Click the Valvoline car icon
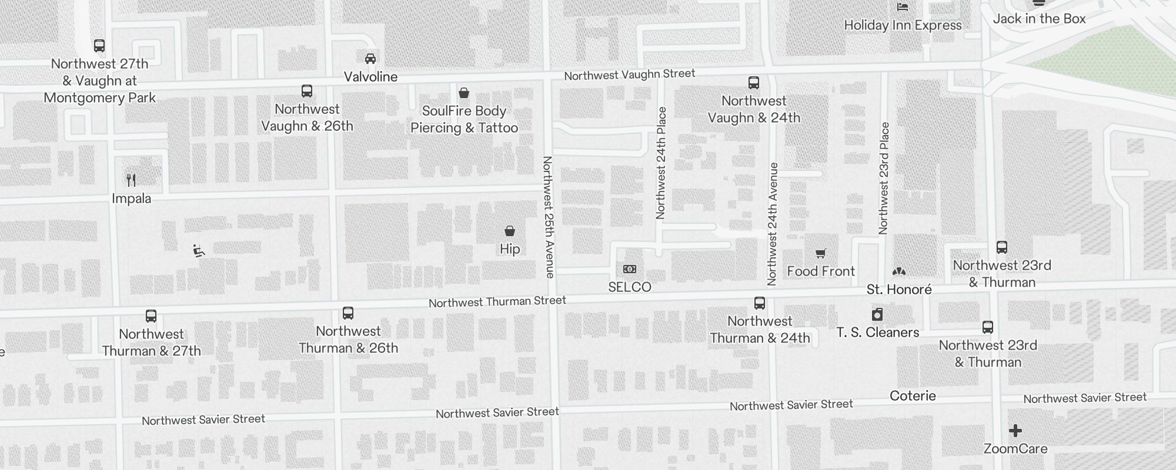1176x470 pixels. [x=370, y=58]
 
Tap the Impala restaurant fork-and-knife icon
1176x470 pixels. [x=131, y=180]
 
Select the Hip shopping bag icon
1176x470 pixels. [x=510, y=231]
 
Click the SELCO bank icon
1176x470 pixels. [x=629, y=269]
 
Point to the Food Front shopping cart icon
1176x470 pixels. [x=820, y=253]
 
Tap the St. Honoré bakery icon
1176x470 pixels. [x=899, y=271]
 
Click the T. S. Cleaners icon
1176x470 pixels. [x=877, y=314]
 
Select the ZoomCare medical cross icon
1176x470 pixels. [x=1015, y=431]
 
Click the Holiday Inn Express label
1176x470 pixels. [x=903, y=25]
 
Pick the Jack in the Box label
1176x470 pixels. [x=1039, y=19]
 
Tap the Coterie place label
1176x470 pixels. [x=913, y=395]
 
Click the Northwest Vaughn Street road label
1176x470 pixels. [x=629, y=75]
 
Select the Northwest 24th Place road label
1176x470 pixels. [x=661, y=163]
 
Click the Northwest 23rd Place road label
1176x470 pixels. [x=884, y=178]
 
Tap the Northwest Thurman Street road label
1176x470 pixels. [x=497, y=302]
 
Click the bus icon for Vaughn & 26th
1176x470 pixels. [x=307, y=91]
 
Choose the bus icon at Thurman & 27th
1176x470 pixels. [x=151, y=316]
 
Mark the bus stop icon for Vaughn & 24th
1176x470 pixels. [x=754, y=83]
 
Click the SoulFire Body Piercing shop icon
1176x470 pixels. [x=464, y=93]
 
